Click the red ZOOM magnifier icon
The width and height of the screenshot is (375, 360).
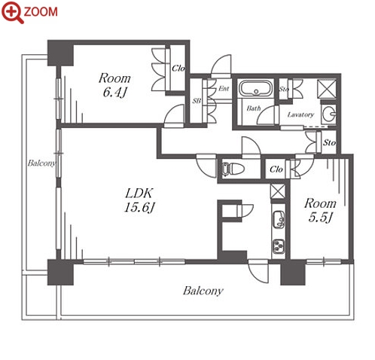point(13,12)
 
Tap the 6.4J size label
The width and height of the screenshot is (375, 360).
point(114,93)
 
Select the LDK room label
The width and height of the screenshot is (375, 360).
point(139,194)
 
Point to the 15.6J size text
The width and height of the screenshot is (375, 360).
point(139,207)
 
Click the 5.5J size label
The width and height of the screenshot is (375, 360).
point(320,218)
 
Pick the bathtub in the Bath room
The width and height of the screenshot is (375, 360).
point(255,88)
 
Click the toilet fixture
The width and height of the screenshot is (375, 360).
point(233,168)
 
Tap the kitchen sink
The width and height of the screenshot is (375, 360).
point(279,219)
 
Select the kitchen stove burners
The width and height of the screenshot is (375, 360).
point(279,246)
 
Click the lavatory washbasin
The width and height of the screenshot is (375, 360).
point(329,114)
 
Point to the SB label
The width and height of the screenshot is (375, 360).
point(197,101)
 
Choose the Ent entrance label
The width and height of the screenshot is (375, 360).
point(224,89)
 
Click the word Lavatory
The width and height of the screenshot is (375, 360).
point(300,114)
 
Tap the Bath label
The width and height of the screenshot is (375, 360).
point(254,108)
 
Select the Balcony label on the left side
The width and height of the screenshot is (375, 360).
point(41,163)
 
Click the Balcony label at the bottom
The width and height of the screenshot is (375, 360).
point(203,291)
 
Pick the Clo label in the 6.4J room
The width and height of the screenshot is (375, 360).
point(178,69)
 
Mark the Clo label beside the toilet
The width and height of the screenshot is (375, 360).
point(276,169)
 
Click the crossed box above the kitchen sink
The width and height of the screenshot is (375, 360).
point(278,191)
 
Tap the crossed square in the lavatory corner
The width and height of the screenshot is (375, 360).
point(327,89)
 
